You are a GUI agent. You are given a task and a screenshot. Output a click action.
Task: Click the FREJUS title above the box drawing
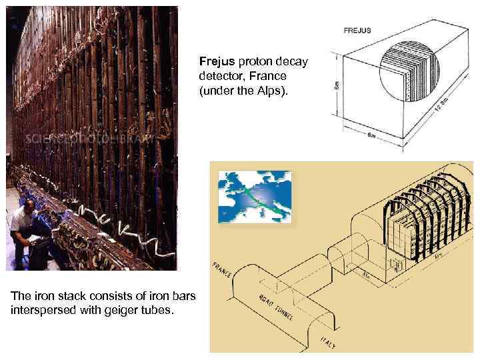tap(357, 30)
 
